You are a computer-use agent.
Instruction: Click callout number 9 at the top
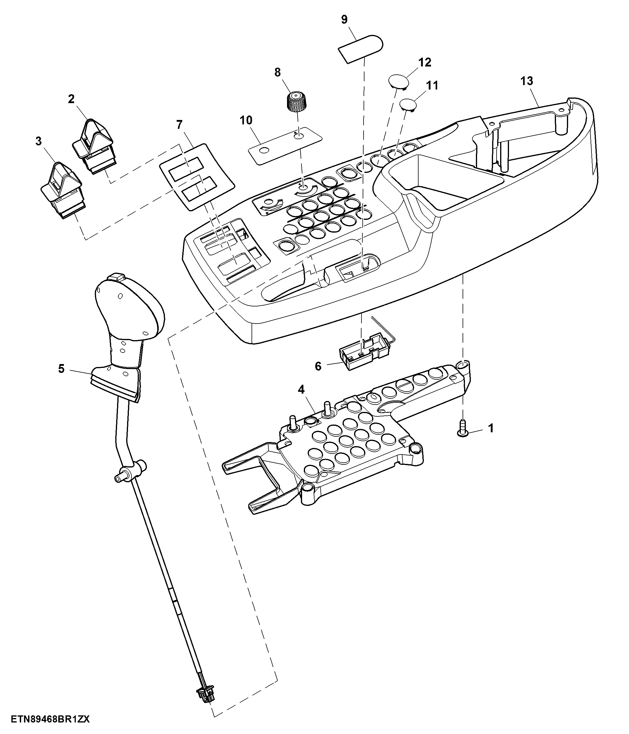344,20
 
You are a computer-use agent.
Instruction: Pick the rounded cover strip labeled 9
361,48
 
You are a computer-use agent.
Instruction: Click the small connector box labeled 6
364,353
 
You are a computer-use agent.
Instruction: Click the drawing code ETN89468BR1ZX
50,719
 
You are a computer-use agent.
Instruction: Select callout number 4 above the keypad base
301,390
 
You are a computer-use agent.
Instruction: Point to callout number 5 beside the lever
61,369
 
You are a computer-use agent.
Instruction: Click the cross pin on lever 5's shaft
130,471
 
